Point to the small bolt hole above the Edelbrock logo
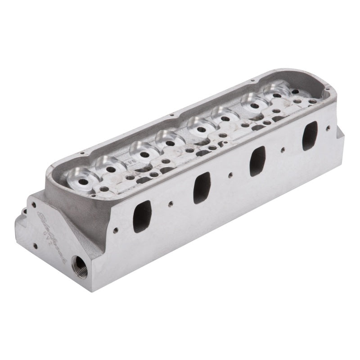[34, 205]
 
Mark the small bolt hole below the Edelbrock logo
[35, 246]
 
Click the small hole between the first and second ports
[171, 204]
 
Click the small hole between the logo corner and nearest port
[116, 230]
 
